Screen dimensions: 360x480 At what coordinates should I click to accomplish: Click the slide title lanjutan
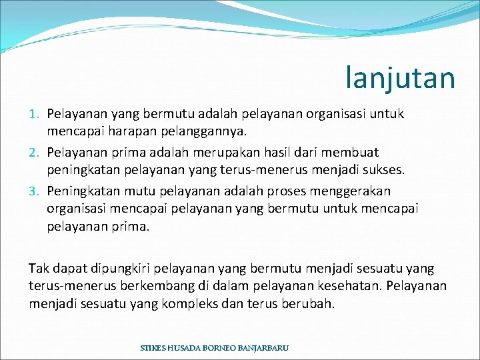(400, 77)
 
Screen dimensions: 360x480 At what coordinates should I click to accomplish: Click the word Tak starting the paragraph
(38, 269)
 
